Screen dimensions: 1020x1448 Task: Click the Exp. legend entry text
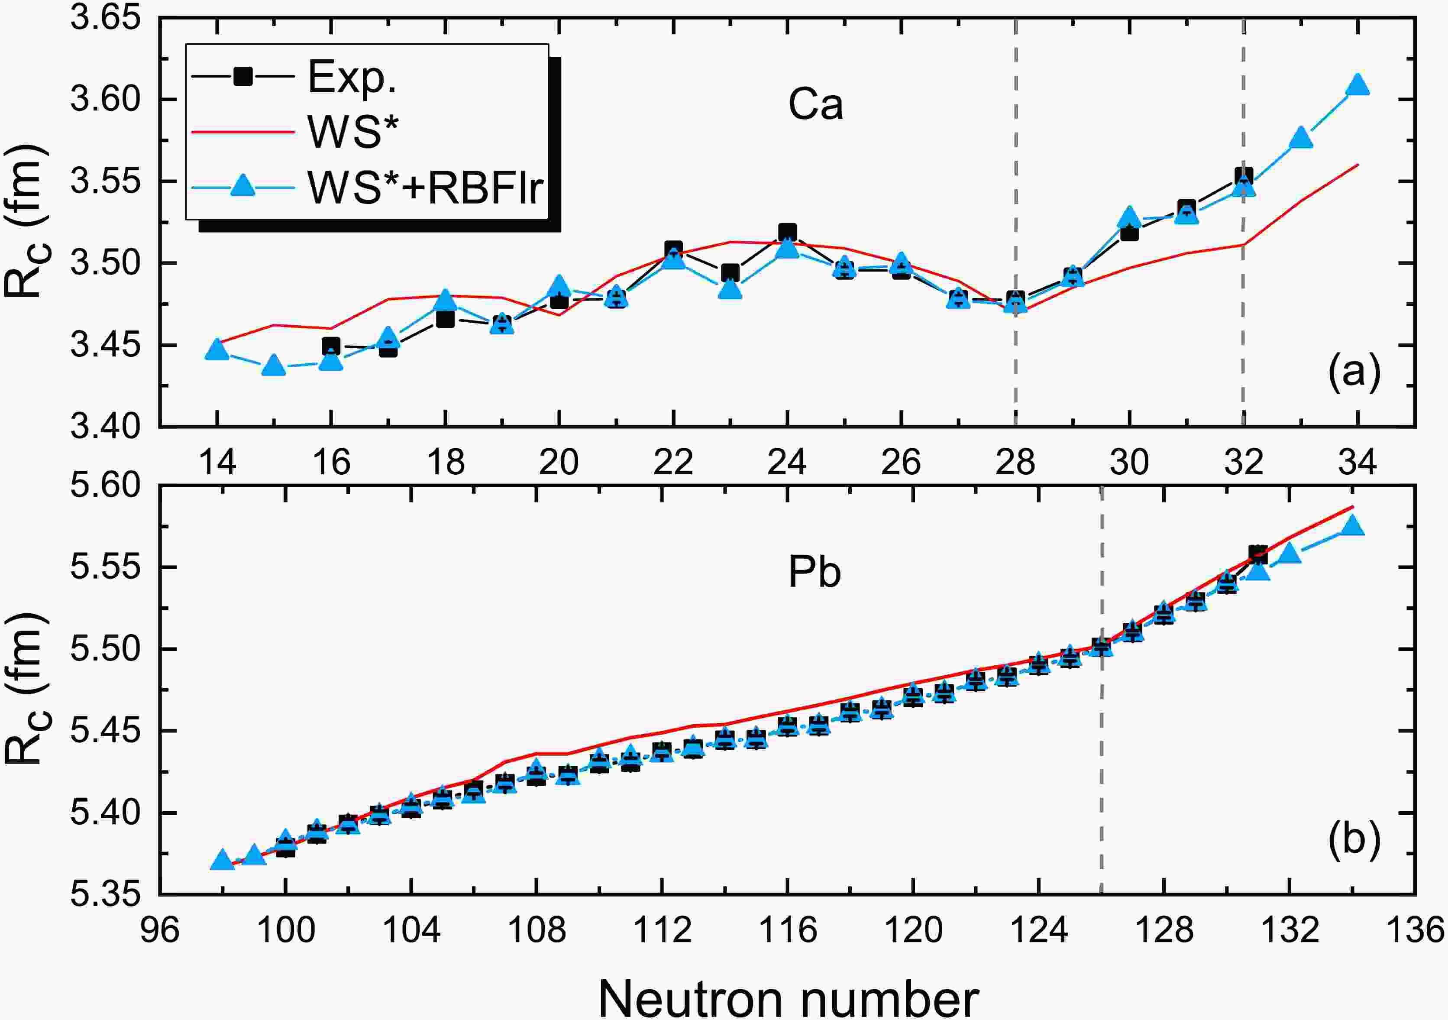(351, 78)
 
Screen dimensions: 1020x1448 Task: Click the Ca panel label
(815, 105)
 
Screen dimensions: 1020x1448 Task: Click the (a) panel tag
(1354, 373)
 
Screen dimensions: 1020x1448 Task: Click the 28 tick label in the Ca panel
(1015, 463)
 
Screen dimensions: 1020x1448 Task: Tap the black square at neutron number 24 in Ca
(787, 232)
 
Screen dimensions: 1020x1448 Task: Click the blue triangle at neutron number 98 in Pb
(222, 860)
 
